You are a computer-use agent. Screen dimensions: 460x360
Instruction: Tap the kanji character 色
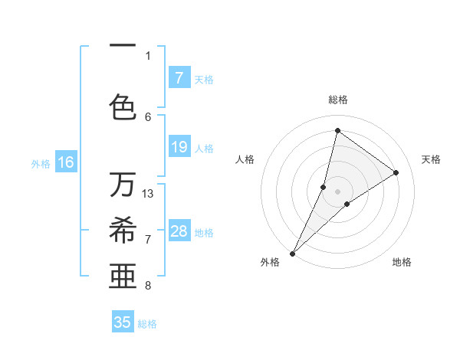point(123,106)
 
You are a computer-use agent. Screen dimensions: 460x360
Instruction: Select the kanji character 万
point(123,185)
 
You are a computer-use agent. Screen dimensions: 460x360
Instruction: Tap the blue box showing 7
point(179,77)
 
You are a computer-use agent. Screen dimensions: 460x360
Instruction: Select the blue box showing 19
point(179,147)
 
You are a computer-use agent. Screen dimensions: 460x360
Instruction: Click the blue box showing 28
point(179,231)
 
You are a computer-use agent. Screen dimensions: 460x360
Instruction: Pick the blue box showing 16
point(66,162)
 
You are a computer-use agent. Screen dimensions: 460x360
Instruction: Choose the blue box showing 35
point(123,322)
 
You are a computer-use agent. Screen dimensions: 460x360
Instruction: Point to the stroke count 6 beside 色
point(148,116)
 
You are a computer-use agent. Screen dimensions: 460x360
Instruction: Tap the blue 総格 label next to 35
point(147,324)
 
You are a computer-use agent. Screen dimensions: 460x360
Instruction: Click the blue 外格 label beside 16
point(41,163)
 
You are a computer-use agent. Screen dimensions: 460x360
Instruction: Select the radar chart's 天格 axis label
point(431,159)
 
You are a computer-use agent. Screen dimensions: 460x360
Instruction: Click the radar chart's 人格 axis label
point(245,159)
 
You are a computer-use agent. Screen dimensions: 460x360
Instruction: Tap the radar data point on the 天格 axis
point(396,172)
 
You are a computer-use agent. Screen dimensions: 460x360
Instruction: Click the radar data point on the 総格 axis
point(337,130)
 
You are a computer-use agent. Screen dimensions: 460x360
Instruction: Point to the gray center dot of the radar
point(337,191)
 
